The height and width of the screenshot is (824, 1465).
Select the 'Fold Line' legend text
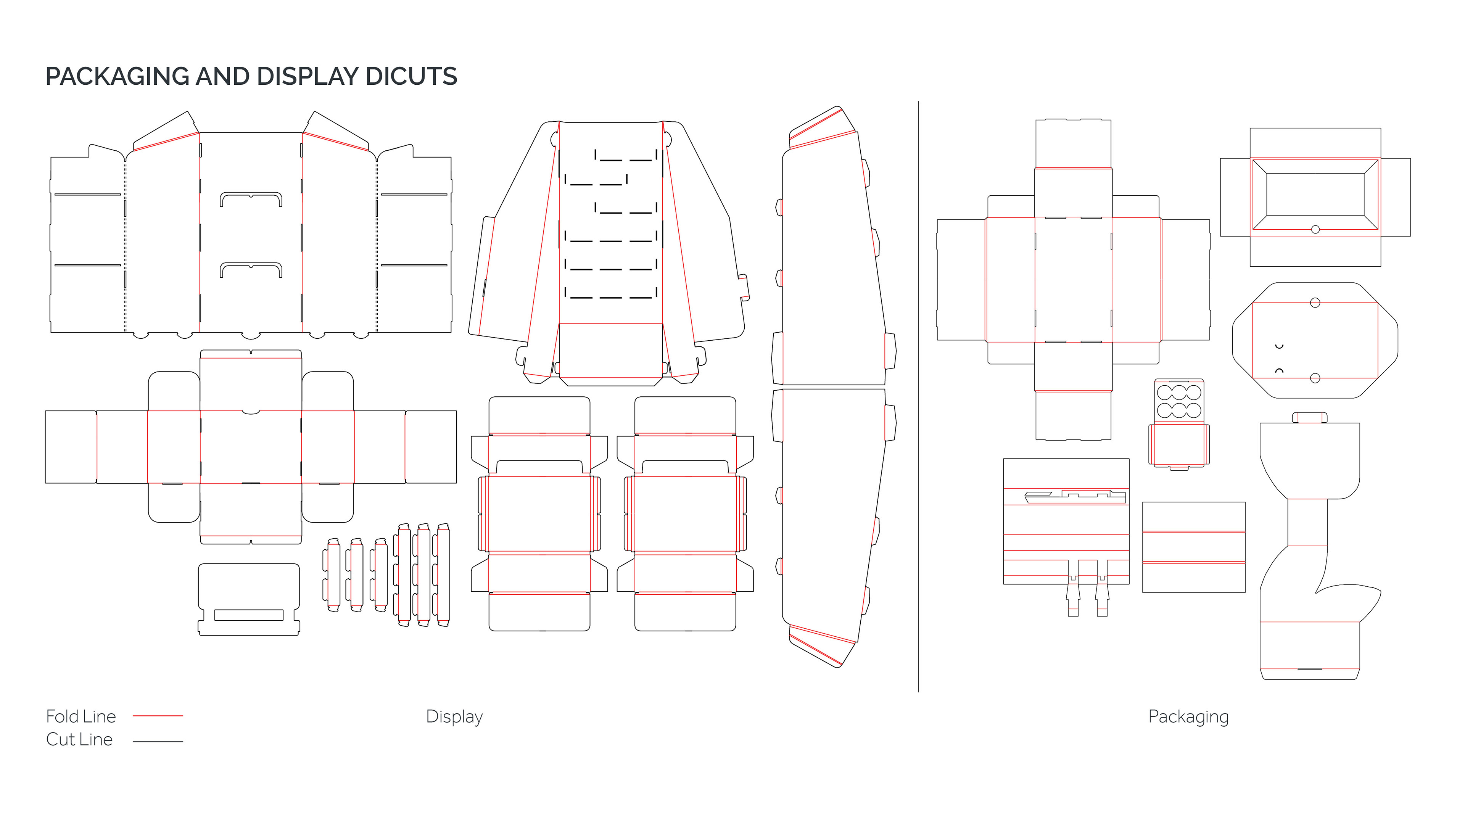(81, 716)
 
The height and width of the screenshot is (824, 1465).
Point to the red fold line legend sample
(158, 715)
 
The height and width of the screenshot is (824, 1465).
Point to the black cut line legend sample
(158, 742)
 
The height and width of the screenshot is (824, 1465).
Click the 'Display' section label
(454, 716)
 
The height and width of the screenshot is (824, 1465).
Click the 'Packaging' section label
(1188, 716)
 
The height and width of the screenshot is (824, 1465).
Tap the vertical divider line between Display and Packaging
(918, 398)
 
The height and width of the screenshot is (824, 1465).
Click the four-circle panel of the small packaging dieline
(1179, 401)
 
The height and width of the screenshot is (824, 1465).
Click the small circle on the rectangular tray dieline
(1315, 229)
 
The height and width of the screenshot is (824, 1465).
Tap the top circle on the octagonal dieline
(1315, 303)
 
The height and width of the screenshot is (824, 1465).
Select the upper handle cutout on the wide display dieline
(251, 199)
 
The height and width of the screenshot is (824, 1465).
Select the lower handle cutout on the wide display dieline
(251, 270)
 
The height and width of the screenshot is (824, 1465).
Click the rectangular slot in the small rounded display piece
(248, 615)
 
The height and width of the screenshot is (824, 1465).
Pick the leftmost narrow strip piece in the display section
(333, 575)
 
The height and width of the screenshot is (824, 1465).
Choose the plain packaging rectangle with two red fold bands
(1193, 547)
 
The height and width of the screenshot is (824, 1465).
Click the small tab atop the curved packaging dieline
(1309, 417)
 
